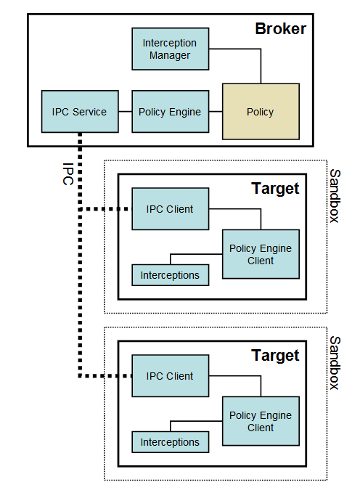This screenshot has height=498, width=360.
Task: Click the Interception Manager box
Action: (170, 49)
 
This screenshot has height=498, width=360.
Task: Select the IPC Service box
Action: (80, 112)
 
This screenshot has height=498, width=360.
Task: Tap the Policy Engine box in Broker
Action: (170, 112)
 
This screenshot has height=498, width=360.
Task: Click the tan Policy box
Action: (260, 112)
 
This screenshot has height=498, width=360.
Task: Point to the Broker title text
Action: (280, 29)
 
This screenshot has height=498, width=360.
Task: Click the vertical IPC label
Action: (67, 173)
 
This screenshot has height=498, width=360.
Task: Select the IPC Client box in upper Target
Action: (170, 209)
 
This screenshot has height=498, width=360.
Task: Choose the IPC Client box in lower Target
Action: (170, 376)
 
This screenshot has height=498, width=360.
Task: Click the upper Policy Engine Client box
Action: (260, 254)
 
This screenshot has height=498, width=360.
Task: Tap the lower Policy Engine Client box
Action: (260, 421)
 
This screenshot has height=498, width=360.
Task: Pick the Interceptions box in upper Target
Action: (170, 275)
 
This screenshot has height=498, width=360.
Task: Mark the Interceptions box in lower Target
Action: (170, 442)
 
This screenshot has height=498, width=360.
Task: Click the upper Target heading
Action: (275, 189)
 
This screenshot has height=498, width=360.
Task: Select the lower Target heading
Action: (275, 356)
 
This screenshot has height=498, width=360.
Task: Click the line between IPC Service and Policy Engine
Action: (125, 112)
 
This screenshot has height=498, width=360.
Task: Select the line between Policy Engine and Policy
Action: (215, 112)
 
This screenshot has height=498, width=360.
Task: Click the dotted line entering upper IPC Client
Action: (105, 210)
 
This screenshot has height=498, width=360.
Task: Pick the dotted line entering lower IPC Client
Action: (105, 377)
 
